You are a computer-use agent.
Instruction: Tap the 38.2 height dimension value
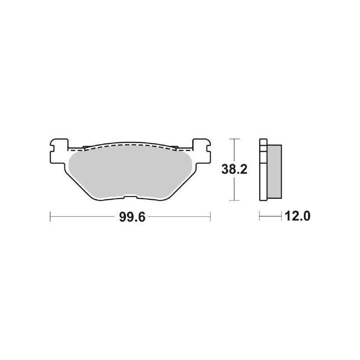pyautogui.click(x=233, y=170)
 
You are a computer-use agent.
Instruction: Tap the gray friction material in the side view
pyautogui.click(x=274, y=171)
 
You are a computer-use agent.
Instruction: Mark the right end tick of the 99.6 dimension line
pyautogui.click(x=210, y=217)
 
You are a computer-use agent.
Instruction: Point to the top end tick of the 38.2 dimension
pyautogui.click(x=233, y=139)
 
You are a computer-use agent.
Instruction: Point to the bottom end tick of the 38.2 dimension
pyautogui.click(x=233, y=200)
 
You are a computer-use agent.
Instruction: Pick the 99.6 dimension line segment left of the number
pyautogui.click(x=81, y=217)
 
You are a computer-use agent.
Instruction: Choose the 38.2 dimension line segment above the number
pyautogui.click(x=233, y=151)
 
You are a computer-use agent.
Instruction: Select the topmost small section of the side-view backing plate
pyautogui.click(x=263, y=141)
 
